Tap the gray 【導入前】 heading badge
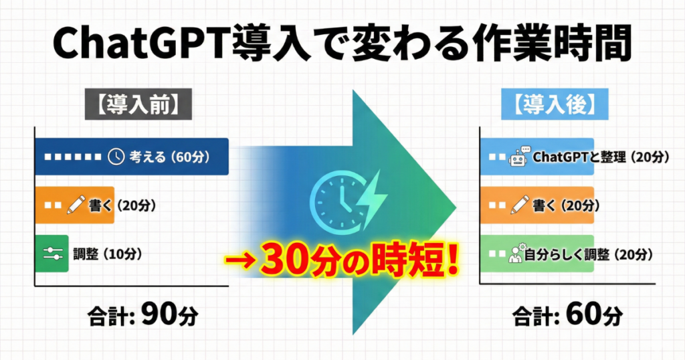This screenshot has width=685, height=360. click(x=138, y=104)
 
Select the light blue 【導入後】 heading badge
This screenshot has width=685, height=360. click(x=555, y=104)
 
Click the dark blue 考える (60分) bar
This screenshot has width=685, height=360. click(x=132, y=157)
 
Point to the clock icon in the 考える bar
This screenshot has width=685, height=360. click(x=116, y=157)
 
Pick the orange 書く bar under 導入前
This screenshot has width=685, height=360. click(x=75, y=205)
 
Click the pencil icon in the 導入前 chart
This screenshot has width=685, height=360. click(x=76, y=205)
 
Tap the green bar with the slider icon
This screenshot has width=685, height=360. click(x=52, y=254)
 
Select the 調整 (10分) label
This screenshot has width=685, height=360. click(x=108, y=254)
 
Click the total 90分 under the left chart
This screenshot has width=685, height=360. click(x=143, y=314)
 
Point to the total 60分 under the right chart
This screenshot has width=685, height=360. click(x=568, y=314)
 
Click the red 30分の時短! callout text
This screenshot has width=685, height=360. click(x=361, y=261)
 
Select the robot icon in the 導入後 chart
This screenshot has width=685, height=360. click(x=518, y=157)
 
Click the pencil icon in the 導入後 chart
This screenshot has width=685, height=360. click(x=520, y=205)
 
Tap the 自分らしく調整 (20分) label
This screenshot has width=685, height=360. click(x=589, y=254)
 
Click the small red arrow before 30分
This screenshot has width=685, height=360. click(x=241, y=261)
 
